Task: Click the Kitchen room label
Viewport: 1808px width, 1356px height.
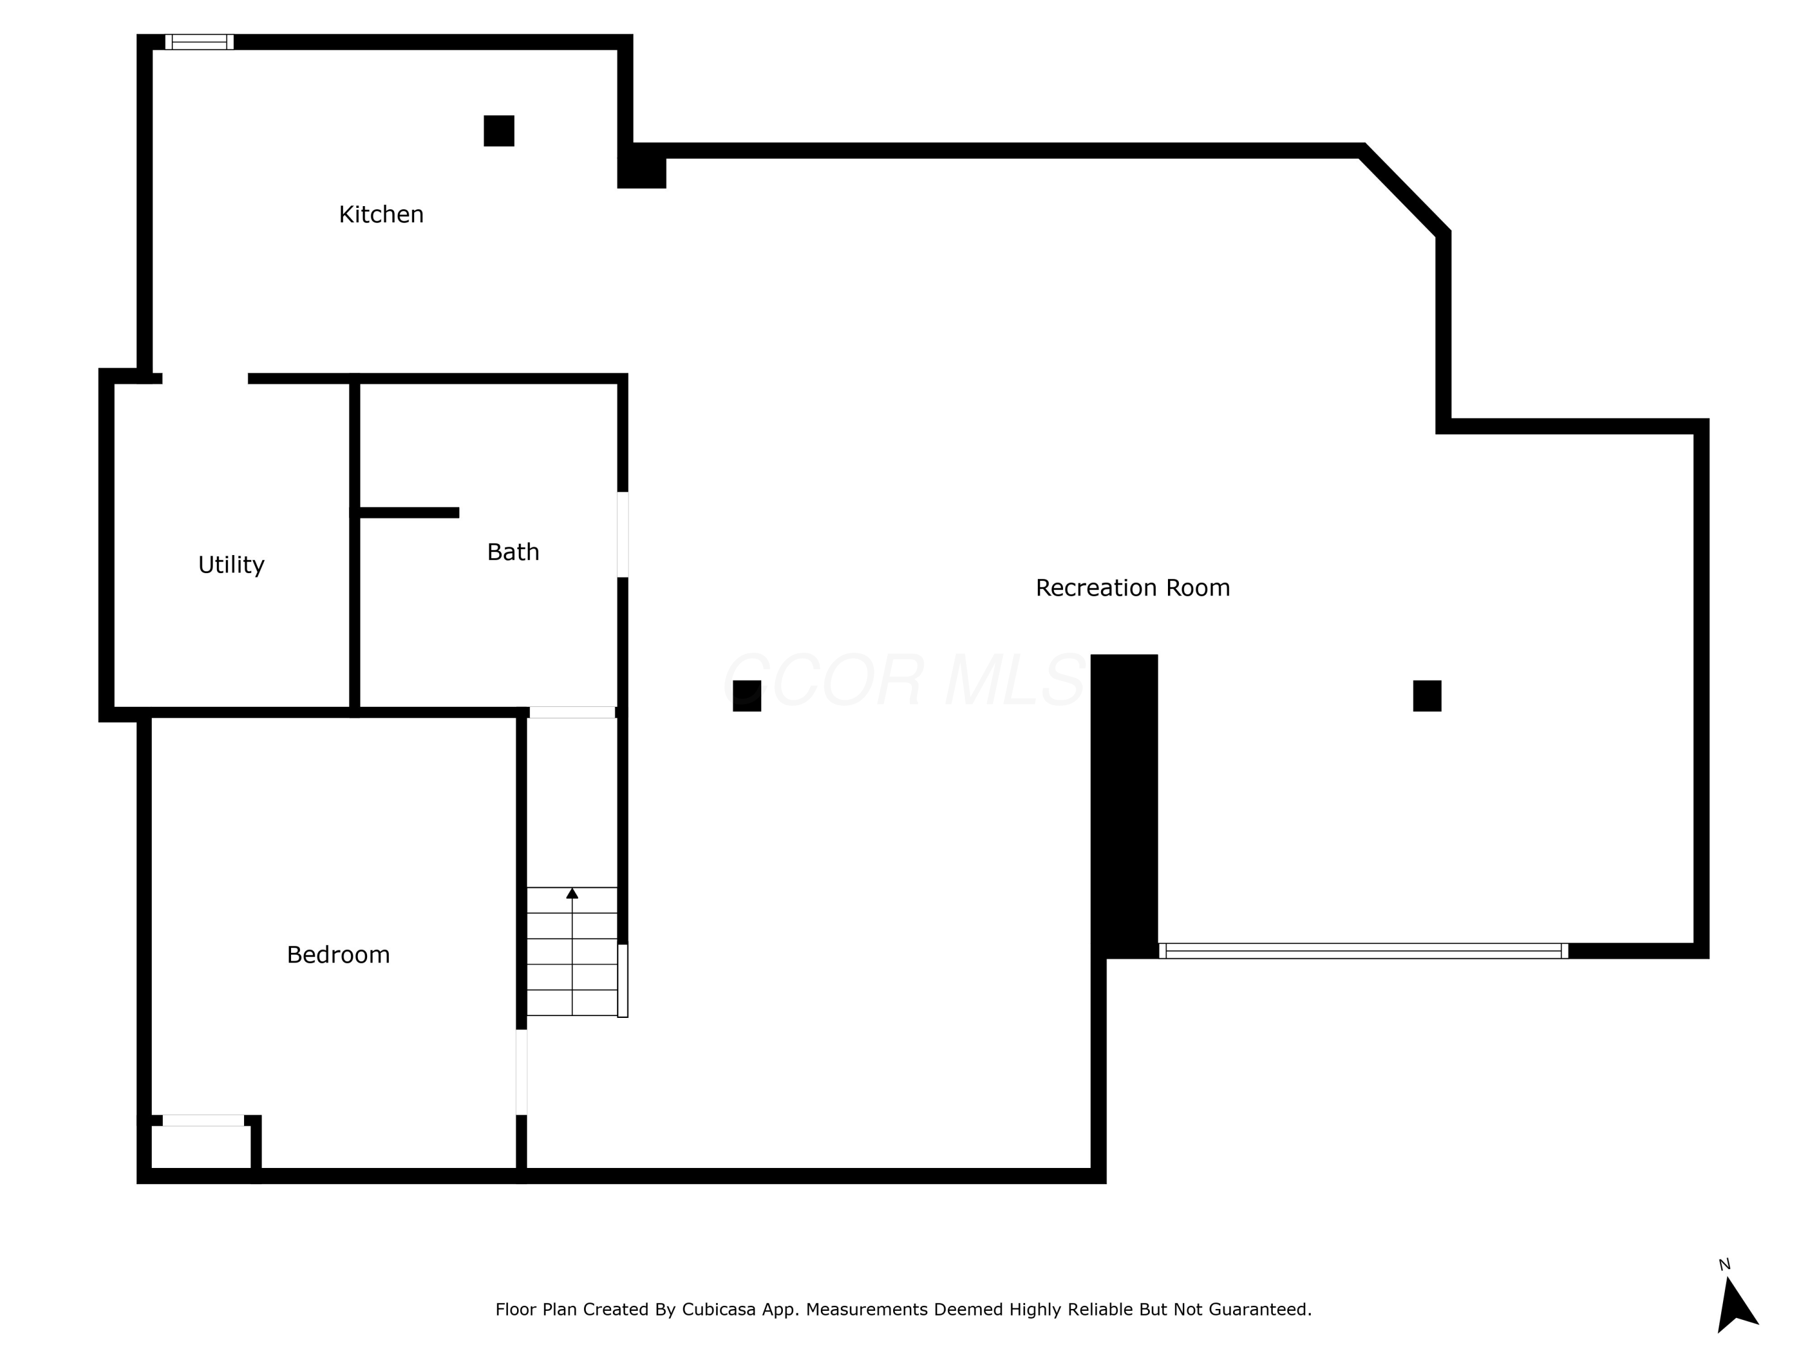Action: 381,214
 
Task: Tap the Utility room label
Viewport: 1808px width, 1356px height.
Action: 231,565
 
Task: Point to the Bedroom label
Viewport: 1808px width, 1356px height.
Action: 337,955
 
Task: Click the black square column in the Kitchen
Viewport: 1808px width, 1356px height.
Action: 498,131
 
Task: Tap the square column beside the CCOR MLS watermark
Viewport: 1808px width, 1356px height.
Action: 746,695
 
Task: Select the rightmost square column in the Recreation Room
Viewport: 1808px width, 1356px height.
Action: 1427,695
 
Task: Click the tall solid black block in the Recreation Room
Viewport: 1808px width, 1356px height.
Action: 1124,805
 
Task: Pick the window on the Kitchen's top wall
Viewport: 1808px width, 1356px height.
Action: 199,42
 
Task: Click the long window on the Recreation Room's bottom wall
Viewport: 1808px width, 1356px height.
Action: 1363,950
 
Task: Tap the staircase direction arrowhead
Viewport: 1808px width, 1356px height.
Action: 572,893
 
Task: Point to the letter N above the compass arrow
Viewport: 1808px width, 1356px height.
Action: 1725,1265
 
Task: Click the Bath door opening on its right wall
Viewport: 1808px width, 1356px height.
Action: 622,535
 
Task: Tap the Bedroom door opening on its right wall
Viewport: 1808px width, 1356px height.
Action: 521,1072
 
